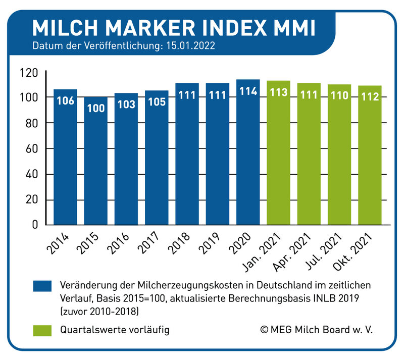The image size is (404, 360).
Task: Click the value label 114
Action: [x=248, y=92]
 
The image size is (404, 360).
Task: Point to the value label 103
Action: [x=126, y=105]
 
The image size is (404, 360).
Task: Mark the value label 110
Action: [x=339, y=95]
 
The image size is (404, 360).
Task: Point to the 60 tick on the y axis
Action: [x=32, y=149]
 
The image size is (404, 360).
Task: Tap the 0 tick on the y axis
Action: [x=35, y=225]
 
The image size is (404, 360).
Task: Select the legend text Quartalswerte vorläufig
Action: [x=114, y=330]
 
